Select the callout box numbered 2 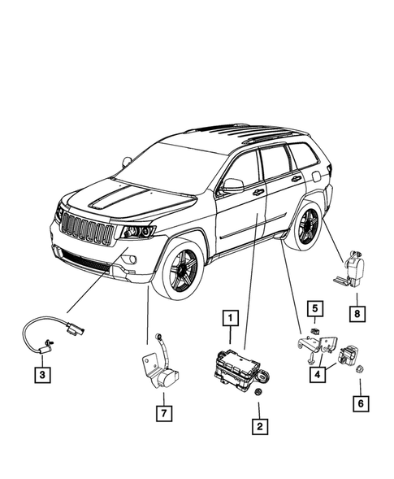tap(260, 424)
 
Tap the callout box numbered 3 tap(40, 374)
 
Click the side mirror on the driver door tap(232, 185)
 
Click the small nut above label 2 tap(259, 394)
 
